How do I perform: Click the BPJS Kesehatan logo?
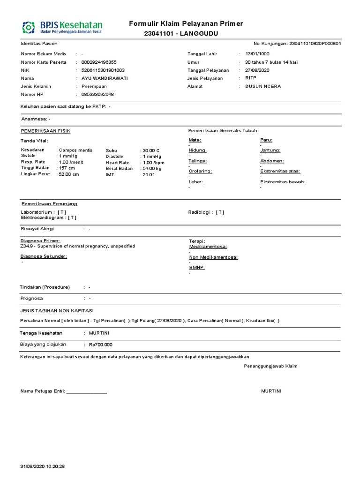tap(62, 27)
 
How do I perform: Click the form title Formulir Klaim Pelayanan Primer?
tap(186, 24)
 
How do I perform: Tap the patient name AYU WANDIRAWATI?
tap(105, 78)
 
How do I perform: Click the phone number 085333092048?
tap(97, 94)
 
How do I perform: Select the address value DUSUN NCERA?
tap(263, 86)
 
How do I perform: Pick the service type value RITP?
tap(251, 78)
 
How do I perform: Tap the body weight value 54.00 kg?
tap(152, 168)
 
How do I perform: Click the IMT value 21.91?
tap(149, 174)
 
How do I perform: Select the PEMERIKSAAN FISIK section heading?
tap(45, 131)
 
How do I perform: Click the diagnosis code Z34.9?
tap(27, 246)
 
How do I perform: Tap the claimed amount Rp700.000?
tap(100, 345)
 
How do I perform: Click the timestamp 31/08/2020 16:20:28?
tap(43, 466)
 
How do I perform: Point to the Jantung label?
tap(270, 150)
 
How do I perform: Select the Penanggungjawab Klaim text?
tap(270, 366)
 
